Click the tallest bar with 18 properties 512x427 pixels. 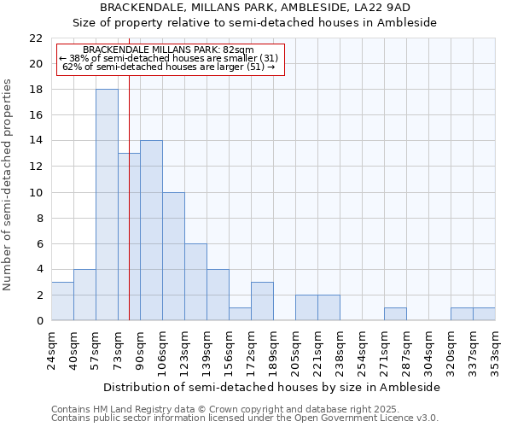tap(107, 205)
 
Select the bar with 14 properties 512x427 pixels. tap(151, 231)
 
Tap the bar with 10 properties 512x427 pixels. tap(173, 256)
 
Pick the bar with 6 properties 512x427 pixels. tap(195, 282)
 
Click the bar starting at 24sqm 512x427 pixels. tap(62, 301)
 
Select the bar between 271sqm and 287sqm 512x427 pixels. tap(395, 314)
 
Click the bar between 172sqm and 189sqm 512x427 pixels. tap(262, 301)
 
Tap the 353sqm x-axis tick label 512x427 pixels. tap(496, 350)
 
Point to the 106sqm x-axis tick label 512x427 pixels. tap(163, 350)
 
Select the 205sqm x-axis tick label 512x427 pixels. tap(296, 350)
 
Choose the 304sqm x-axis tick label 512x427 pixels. tap(429, 350)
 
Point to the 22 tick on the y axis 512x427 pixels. tap(36, 38)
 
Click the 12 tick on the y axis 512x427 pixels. tap(36, 167)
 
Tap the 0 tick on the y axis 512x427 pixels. tap(39, 320)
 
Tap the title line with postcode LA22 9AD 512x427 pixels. tap(255, 7)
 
